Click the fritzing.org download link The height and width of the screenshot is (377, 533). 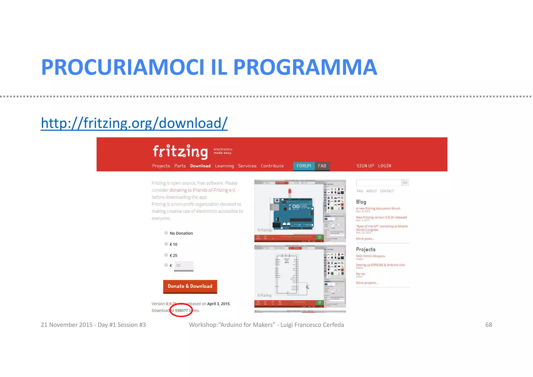[134, 123]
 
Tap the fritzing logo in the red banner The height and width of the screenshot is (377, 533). [180, 152]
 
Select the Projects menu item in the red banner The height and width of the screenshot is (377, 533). [161, 166]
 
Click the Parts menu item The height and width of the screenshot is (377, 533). [180, 166]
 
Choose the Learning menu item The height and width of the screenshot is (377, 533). [224, 166]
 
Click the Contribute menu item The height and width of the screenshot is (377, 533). [272, 166]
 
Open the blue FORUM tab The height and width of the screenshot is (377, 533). [304, 166]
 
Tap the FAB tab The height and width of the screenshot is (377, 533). [322, 166]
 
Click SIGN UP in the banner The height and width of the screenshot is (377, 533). [365, 166]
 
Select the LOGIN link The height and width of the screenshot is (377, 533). [384, 166]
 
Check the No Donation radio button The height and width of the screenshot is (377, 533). [166, 233]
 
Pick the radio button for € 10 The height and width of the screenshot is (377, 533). [166, 244]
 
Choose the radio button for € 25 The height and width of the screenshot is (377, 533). [166, 255]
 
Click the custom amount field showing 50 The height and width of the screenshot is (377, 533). [183, 265]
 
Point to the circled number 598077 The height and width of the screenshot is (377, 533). [181, 311]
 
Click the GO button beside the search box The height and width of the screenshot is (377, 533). [405, 183]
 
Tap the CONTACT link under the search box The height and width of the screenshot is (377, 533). [387, 191]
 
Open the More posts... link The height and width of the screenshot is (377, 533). [365, 239]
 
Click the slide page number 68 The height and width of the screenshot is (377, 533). [488, 325]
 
